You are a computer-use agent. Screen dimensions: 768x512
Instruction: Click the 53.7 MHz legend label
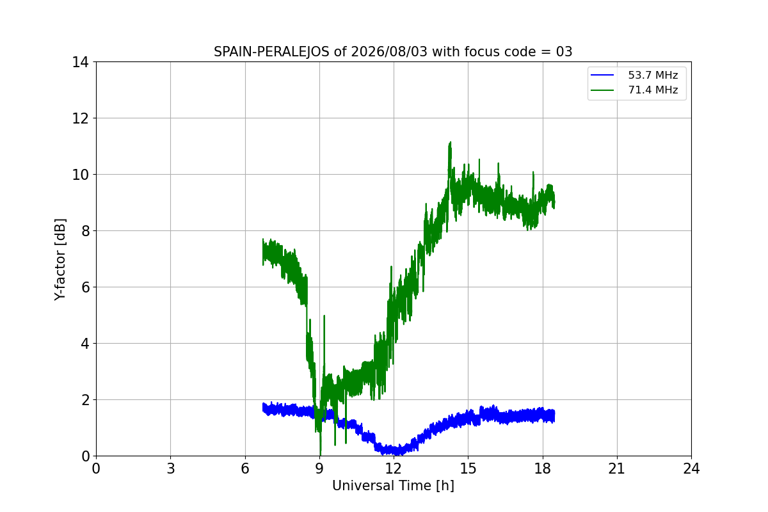click(x=653, y=75)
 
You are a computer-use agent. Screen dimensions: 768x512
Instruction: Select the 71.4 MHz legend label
click(x=653, y=90)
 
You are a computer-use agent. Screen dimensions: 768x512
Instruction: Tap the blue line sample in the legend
click(x=602, y=75)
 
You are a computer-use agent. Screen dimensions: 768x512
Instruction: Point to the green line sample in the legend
click(x=602, y=90)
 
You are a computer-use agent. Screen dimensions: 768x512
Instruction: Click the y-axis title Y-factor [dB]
click(x=60, y=260)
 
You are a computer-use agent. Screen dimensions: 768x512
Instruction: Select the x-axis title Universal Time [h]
click(x=393, y=486)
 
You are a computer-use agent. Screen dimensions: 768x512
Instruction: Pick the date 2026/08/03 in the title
click(x=389, y=52)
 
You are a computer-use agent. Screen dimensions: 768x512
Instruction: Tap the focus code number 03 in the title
click(x=564, y=52)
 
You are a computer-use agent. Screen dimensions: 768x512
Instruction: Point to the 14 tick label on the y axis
click(x=80, y=63)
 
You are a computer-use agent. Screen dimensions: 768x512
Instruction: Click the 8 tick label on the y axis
click(x=85, y=231)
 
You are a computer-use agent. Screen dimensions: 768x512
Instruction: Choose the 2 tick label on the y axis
click(x=85, y=400)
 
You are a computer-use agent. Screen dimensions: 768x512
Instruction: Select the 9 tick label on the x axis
click(x=319, y=468)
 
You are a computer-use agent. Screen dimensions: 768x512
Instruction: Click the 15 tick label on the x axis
click(x=468, y=468)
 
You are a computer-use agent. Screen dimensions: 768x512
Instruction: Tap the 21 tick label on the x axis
click(x=617, y=468)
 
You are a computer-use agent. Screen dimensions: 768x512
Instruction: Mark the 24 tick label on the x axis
click(x=691, y=468)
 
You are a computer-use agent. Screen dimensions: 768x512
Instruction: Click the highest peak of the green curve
click(x=450, y=142)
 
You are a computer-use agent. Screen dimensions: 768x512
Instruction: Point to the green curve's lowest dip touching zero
click(x=320, y=455)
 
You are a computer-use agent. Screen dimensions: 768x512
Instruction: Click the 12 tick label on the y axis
click(x=80, y=118)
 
